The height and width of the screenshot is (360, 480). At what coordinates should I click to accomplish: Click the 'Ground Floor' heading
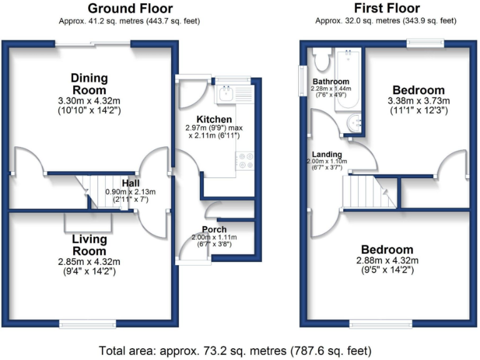coord(130,8)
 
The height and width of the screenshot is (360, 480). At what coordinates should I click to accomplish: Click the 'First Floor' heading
coord(386,8)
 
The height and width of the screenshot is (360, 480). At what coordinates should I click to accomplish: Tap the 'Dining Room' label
coord(89,84)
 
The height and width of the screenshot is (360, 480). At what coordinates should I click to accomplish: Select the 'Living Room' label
coord(89,245)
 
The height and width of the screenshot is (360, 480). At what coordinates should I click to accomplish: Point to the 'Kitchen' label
coord(214,119)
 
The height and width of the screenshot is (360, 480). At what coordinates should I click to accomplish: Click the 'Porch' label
coord(214,229)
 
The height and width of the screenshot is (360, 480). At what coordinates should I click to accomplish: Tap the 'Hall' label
coord(131,182)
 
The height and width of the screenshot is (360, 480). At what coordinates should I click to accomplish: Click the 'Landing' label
coord(327,154)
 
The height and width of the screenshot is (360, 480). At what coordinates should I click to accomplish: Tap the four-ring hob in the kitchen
coord(244,161)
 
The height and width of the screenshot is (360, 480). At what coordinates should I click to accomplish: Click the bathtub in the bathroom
coord(349,79)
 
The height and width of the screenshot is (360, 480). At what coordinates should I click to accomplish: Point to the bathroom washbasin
coord(355,123)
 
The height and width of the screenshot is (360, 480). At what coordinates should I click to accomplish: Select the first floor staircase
coord(366,192)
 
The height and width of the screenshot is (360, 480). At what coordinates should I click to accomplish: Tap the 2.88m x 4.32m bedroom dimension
coord(386,261)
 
